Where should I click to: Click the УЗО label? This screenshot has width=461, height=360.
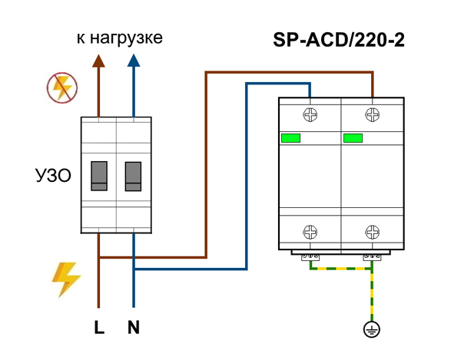(x=53, y=177)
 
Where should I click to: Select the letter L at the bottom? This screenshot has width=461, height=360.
(x=99, y=328)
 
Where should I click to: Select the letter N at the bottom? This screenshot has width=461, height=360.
(x=134, y=328)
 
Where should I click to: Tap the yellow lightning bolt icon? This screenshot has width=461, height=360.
(x=65, y=279)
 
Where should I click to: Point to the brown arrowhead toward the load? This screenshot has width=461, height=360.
(x=99, y=64)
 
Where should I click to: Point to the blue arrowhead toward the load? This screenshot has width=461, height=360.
(x=134, y=64)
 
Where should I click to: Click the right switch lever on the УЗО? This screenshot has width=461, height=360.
(x=133, y=176)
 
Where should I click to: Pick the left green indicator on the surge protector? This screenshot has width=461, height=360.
(x=291, y=139)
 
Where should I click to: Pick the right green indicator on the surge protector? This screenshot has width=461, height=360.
(x=353, y=139)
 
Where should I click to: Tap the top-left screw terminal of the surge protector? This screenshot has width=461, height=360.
(x=311, y=116)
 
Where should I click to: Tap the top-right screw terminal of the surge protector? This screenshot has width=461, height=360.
(x=373, y=116)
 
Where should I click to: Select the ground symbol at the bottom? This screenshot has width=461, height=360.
(x=373, y=330)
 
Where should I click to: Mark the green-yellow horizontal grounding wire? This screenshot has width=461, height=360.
(x=341, y=269)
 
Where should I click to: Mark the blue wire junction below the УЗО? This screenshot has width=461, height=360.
(x=134, y=269)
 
